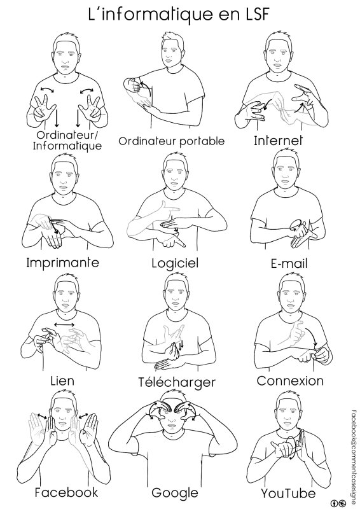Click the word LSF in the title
point(254,15)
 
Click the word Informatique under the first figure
point(67,146)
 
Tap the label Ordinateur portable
point(171,141)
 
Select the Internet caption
point(278,141)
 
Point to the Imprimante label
point(62,262)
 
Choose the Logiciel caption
point(175,263)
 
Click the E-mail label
point(289,263)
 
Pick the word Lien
point(62,380)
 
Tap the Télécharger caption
point(177,382)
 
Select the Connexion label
point(290,380)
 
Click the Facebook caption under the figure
point(66,492)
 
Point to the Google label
point(175,492)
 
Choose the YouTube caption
point(288,494)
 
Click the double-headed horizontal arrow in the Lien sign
point(64,324)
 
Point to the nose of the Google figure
point(170,421)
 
